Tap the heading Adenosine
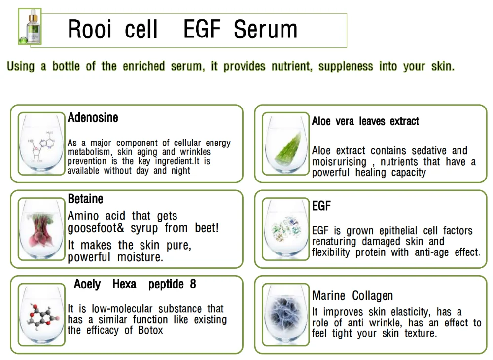93,118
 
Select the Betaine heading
85,199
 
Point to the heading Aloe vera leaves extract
365,121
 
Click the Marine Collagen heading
352,296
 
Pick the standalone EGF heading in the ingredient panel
321,206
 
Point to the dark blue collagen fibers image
286,314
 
